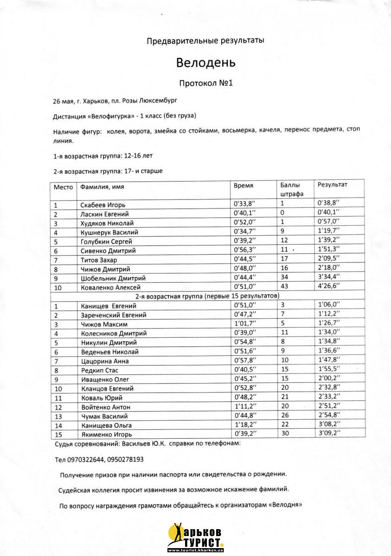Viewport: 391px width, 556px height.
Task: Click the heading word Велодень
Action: click(x=206, y=62)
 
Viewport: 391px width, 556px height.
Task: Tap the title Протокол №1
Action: click(x=205, y=83)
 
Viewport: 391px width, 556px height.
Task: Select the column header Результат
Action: click(x=333, y=184)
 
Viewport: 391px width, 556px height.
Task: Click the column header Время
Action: click(x=244, y=185)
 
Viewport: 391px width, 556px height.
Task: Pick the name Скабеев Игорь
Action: click(x=103, y=205)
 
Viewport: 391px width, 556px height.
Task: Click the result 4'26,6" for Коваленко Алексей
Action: click(x=329, y=287)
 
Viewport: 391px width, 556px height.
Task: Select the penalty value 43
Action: click(x=285, y=287)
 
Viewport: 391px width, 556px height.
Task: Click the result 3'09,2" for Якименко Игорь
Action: click(x=329, y=434)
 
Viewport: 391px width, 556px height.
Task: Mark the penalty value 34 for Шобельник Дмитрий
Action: click(x=285, y=278)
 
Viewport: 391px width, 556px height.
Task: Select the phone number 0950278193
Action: click(x=125, y=460)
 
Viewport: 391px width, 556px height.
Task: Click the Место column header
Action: click(x=64, y=187)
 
